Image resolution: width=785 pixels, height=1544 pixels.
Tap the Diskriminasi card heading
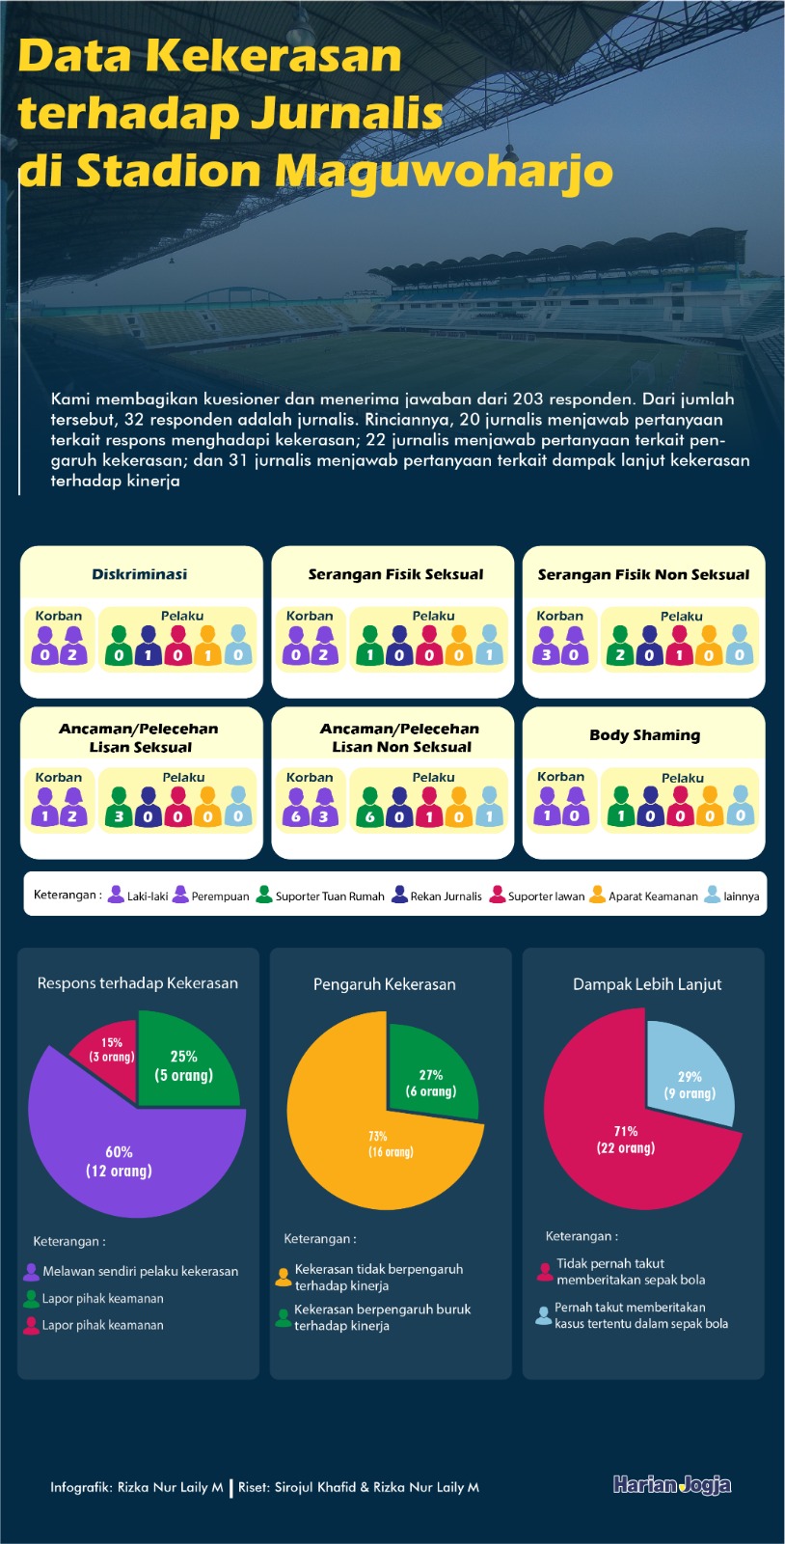[x=140, y=574]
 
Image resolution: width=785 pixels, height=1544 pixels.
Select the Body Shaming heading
[x=644, y=735]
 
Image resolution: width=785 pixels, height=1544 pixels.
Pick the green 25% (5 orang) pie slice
[x=184, y=1065]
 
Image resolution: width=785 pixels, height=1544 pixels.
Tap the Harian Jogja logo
[x=672, y=1485]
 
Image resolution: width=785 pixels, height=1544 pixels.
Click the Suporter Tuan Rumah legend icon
[x=263, y=895]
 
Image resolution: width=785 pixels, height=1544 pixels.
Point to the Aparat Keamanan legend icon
[x=597, y=895]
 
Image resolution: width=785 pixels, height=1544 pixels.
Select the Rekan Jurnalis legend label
[x=447, y=896]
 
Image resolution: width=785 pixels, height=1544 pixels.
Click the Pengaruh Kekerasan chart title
[x=384, y=984]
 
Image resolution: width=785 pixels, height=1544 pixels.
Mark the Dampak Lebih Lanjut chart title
[x=647, y=984]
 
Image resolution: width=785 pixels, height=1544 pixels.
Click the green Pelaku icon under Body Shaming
[x=620, y=806]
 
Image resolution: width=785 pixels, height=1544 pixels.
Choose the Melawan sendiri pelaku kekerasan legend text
[x=141, y=1271]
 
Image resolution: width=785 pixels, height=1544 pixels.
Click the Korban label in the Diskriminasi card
[x=59, y=616]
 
